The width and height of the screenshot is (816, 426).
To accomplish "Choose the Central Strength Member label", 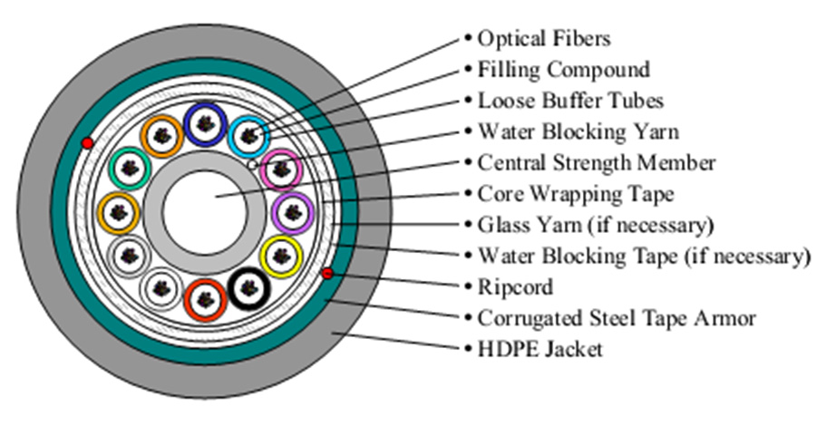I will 597,163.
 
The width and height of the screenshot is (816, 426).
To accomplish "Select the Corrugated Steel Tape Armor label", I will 617,318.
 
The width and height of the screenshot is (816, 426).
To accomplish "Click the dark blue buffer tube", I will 204,121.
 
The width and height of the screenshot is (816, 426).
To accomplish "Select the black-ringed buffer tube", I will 248,290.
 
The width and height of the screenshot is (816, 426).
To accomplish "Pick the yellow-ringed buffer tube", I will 281,257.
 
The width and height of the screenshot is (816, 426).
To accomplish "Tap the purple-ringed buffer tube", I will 292,212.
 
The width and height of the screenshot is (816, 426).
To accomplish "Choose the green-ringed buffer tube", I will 127,168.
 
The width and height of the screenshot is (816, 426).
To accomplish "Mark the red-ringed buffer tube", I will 203,301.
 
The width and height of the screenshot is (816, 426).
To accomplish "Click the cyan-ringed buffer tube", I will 248,135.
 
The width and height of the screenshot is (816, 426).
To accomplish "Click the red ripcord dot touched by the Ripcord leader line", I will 327,274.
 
